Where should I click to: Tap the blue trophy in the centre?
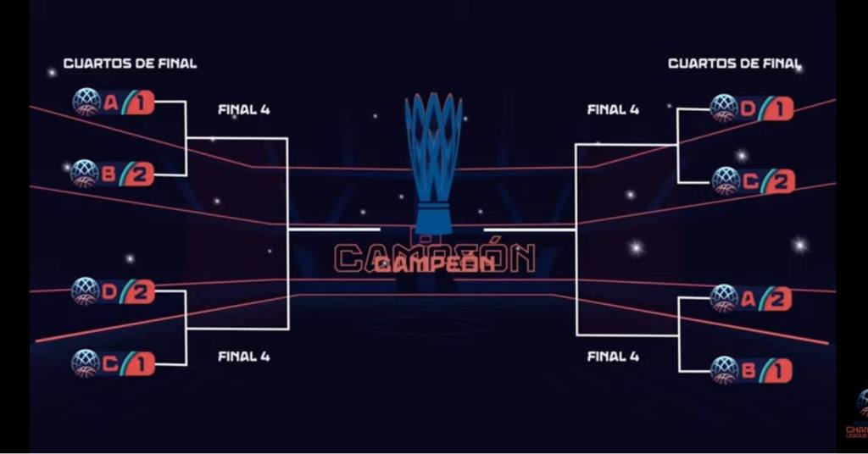pos(433,161)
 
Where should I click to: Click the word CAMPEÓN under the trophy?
pos(434,262)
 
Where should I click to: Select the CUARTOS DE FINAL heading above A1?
pos(130,64)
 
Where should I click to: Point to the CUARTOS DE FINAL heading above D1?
pos(734,64)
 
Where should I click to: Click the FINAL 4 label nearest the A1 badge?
pos(243,109)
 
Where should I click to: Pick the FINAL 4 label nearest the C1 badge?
pos(243,357)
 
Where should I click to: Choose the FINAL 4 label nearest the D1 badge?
pos(613,109)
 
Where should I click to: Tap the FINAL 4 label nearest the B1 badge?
pos(613,357)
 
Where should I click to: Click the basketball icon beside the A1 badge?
pos(86,102)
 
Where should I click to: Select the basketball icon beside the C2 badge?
pos(726,180)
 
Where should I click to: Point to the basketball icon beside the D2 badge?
pos(86,291)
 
